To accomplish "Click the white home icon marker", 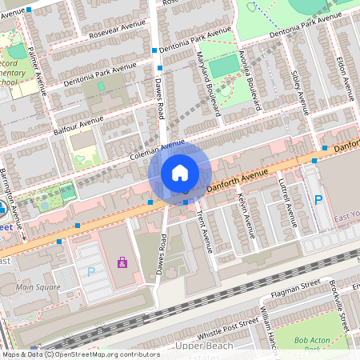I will [x=180, y=173].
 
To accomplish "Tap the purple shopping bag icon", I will [x=122, y=262].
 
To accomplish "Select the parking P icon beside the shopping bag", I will [x=90, y=271].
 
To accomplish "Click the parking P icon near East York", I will [x=318, y=200].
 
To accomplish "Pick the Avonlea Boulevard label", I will [x=252, y=80].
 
